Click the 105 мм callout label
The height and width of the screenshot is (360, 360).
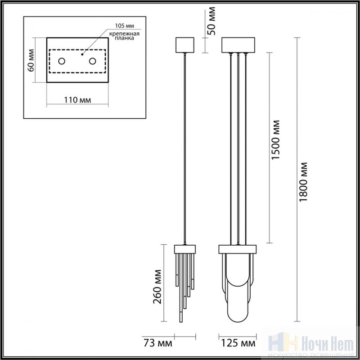(x=125, y=26)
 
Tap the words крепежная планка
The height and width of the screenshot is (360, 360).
(x=124, y=36)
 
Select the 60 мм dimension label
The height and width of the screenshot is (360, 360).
(x=31, y=60)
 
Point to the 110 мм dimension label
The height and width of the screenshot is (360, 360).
(x=77, y=100)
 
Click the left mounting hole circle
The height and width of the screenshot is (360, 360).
(x=62, y=61)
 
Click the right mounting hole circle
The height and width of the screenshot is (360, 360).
(x=93, y=61)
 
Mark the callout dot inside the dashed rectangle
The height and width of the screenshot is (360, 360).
(x=82, y=54)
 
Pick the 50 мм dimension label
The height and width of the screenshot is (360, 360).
(x=211, y=21)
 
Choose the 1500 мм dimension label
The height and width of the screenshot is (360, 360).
(x=275, y=140)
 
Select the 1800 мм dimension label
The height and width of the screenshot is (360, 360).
(x=303, y=182)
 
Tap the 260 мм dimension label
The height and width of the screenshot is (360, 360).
(x=157, y=287)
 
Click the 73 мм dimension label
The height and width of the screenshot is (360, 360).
(x=158, y=343)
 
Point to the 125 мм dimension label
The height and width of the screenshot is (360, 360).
(x=238, y=343)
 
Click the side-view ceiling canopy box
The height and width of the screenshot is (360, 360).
(x=185, y=45)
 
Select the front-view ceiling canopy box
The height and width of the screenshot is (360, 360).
(x=238, y=45)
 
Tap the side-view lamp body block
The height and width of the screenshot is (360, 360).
(x=185, y=249)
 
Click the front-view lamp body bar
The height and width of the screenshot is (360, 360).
(x=238, y=249)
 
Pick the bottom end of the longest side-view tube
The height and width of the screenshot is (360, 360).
(x=181, y=322)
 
